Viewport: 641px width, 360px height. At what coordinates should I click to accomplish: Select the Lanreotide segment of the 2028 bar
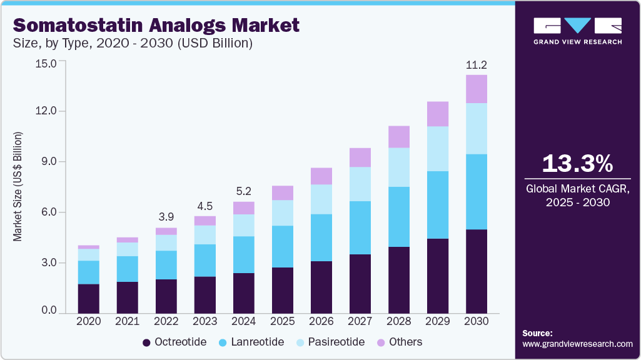click(399, 217)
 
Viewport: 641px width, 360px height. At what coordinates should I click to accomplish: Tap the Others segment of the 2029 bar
click(438, 114)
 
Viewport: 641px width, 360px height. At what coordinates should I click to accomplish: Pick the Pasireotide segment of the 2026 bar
click(321, 199)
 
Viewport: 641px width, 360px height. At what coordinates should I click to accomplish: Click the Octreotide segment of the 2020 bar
click(88, 298)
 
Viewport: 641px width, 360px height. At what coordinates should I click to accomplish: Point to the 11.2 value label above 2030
click(477, 64)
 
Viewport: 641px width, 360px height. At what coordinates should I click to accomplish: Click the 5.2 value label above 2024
click(244, 191)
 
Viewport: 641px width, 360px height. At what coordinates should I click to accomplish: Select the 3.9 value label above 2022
click(166, 216)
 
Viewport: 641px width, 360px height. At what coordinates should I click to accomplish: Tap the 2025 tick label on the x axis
click(283, 321)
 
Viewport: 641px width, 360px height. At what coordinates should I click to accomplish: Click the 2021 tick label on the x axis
click(127, 321)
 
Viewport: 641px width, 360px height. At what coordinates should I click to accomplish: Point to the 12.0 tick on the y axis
click(48, 111)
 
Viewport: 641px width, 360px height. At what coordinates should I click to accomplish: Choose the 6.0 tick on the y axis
click(48, 212)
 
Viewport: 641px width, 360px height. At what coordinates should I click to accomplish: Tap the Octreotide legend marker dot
click(147, 342)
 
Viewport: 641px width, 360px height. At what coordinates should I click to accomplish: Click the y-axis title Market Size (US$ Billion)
click(18, 187)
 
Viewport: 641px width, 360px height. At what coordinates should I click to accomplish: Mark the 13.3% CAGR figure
click(577, 164)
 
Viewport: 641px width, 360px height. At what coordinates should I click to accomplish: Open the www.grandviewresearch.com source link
click(577, 344)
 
